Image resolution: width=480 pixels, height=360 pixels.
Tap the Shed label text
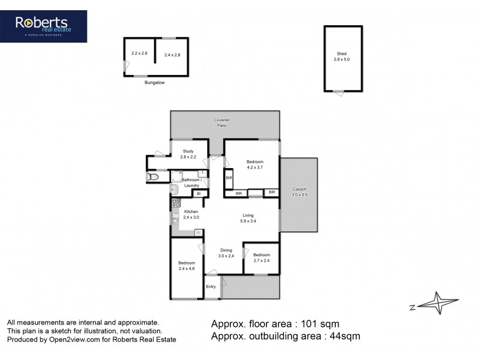click(341, 55)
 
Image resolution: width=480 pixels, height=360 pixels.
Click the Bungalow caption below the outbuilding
click(154, 83)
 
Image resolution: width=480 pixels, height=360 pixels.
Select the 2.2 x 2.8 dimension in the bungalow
click(139, 53)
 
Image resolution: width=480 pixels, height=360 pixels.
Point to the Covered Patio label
click(222, 123)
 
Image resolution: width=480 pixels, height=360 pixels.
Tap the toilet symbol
click(153, 176)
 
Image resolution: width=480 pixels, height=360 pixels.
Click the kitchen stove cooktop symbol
click(176, 203)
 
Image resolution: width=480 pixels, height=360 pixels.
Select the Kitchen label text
click(191, 212)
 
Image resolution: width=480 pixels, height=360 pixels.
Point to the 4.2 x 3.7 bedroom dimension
click(255, 167)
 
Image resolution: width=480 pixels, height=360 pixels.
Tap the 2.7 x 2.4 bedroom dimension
click(261, 261)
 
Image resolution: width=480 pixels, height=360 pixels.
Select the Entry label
click(211, 286)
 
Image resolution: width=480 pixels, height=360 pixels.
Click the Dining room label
click(226, 251)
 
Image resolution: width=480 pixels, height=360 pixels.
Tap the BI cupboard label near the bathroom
click(200, 193)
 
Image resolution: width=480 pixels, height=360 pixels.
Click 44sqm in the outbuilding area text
click(343, 337)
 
